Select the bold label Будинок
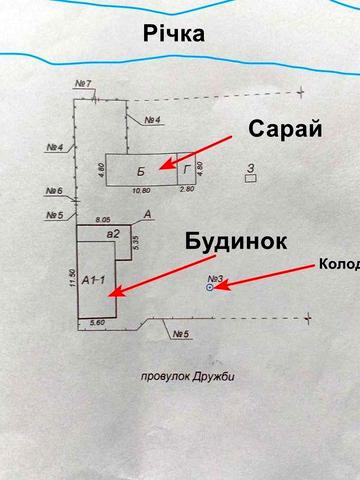tap(236, 242)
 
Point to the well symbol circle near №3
tap(209, 288)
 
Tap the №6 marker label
tap(54, 192)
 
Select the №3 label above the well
tap(212, 277)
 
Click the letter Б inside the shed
tap(142, 170)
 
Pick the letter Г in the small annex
tap(185, 170)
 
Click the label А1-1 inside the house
tap(94, 279)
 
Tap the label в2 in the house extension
tap(114, 234)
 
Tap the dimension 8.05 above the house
tap(101, 217)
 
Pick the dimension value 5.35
tap(134, 240)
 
